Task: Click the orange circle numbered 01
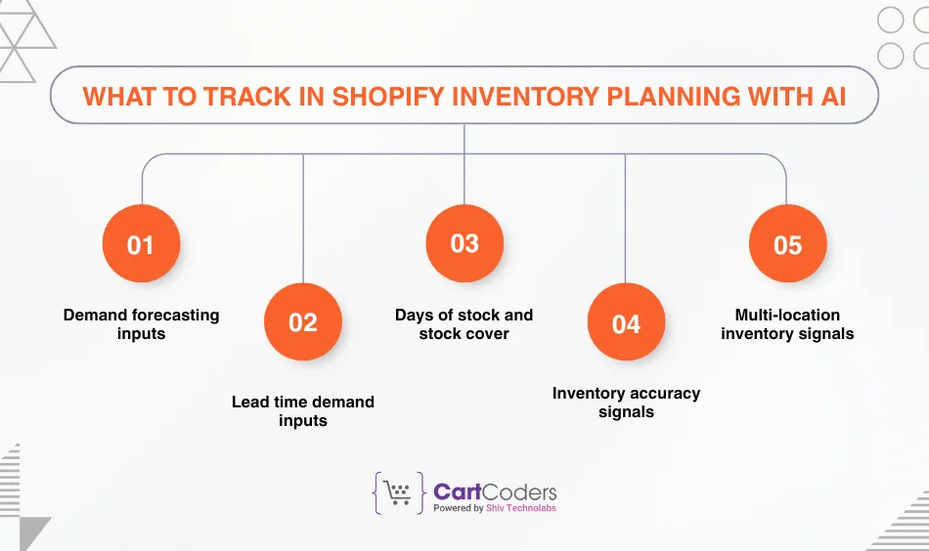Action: point(141,244)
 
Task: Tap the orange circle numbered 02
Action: point(303,322)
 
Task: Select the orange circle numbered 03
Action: point(464,244)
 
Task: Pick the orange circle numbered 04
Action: point(626,322)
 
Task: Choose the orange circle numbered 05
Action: point(787,244)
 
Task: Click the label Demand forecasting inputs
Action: point(141,324)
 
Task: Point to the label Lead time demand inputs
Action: point(303,411)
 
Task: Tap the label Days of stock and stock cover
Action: point(464,324)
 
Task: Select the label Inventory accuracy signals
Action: point(626,403)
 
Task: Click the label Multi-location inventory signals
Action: point(787,324)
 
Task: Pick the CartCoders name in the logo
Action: point(495,490)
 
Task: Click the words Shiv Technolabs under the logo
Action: point(521,508)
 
